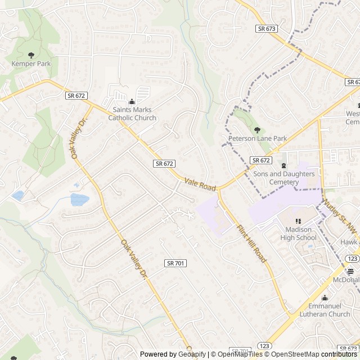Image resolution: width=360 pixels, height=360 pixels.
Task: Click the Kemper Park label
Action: (x=31, y=64)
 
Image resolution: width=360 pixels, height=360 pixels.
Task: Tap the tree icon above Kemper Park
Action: (x=31, y=55)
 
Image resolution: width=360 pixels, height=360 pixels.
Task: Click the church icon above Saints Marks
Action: (x=132, y=101)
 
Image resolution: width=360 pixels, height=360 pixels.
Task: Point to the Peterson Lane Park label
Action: (x=258, y=138)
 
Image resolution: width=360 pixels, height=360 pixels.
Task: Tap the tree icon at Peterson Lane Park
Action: (x=257, y=129)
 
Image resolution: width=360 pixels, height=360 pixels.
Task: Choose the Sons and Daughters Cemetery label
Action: (x=283, y=178)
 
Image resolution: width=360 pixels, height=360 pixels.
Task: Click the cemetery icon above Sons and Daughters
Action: (x=283, y=165)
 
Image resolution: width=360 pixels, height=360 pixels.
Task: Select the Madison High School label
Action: (x=298, y=233)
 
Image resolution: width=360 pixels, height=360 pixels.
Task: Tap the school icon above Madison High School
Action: (x=298, y=221)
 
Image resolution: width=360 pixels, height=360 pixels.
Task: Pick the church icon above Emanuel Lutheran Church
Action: (x=324, y=298)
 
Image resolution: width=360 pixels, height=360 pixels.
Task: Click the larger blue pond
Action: (x=80, y=199)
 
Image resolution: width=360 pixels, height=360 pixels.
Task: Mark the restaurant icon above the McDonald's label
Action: (x=350, y=271)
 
